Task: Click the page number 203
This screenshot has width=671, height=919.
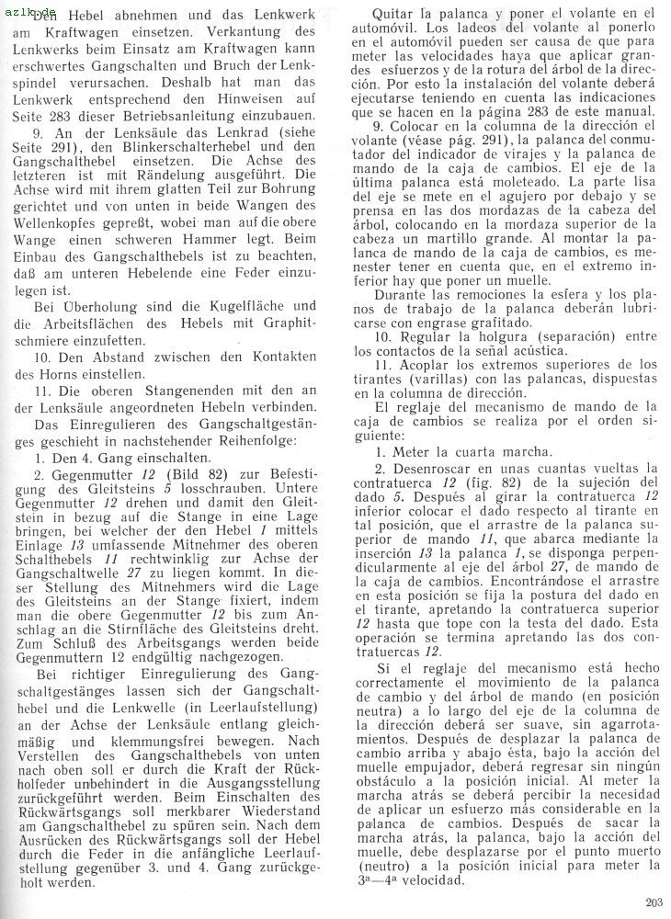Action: [x=654, y=902]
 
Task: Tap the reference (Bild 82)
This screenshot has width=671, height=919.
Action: [x=186, y=473]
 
